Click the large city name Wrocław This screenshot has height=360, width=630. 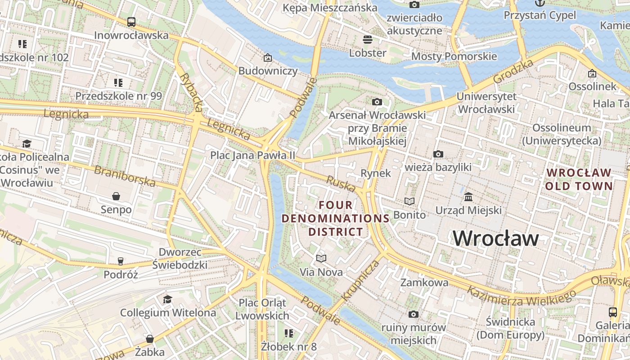point(495,238)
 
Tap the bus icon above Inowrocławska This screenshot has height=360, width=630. point(131,22)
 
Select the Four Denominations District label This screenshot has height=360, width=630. point(335,218)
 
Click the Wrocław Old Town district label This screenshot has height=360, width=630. point(579,179)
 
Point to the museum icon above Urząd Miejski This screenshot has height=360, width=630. point(468,197)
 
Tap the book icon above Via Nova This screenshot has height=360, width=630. point(321,258)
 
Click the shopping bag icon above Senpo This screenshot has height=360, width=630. point(116,196)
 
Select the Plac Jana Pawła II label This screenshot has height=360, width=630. point(253,155)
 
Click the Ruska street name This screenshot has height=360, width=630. point(341,184)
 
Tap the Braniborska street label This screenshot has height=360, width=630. point(125,176)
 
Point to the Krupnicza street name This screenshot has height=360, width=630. point(361,280)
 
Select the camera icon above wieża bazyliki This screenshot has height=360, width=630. point(438,154)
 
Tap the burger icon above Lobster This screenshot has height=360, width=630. point(368,39)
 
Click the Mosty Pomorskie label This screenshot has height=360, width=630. point(454,56)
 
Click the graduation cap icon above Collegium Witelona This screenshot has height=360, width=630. point(167,299)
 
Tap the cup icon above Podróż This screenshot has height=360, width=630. point(120,261)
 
